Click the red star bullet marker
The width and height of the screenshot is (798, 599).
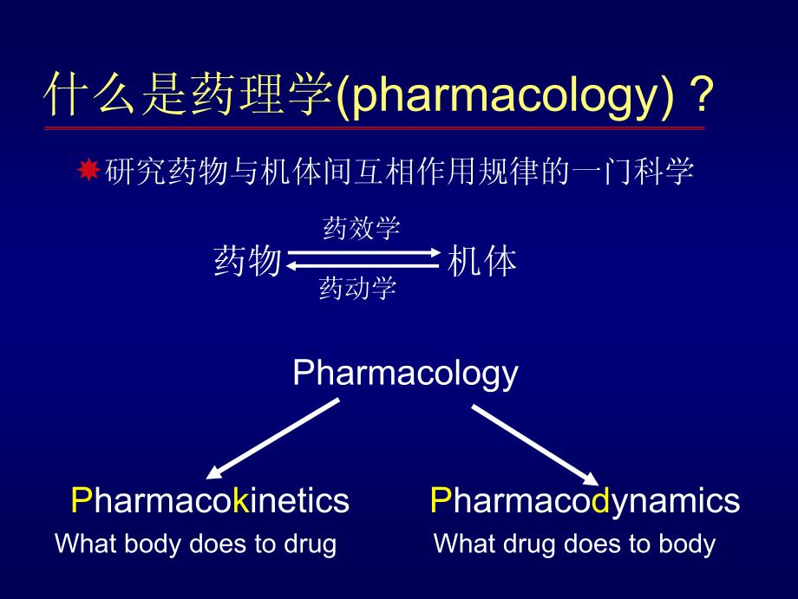[88, 169]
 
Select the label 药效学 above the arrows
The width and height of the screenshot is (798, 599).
[362, 228]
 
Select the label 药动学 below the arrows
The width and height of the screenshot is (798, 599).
[357, 287]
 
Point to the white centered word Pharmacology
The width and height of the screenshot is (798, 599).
[405, 374]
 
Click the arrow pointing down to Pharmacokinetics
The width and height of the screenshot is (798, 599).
[272, 439]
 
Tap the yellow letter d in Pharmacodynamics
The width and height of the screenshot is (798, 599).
[600, 500]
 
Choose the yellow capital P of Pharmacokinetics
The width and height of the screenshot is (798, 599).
[82, 500]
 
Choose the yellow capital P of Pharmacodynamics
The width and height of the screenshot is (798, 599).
[441, 500]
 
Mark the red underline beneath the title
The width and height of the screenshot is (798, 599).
[375, 128]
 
